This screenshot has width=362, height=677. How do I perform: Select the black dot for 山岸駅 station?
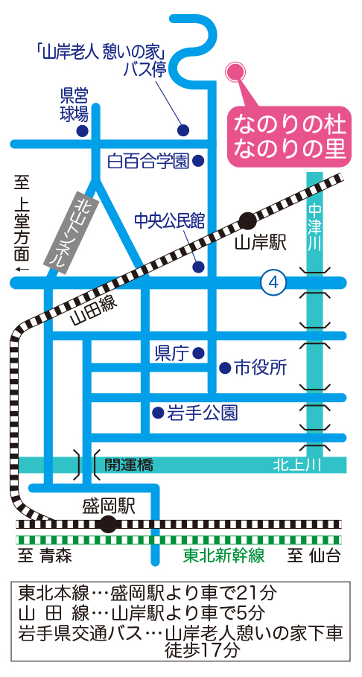click(247, 221)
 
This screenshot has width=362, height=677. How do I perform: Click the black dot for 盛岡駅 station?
click(108, 524)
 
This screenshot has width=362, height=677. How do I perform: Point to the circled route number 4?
click(273, 283)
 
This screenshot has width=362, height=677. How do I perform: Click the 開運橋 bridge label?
click(129, 465)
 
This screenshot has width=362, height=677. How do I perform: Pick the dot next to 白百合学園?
click(198, 161)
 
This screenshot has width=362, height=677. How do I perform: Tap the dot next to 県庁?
click(198, 353)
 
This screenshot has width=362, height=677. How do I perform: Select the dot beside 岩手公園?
click(159, 413)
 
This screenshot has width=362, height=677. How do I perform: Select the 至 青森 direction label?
click(45, 556)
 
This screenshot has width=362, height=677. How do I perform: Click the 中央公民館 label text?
click(169, 220)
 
